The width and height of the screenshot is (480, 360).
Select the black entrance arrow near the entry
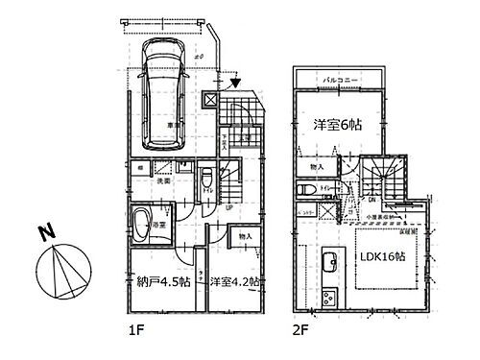[236, 84]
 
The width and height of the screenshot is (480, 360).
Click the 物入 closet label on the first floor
[245, 234]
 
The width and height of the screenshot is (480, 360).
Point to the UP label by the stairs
[228, 208]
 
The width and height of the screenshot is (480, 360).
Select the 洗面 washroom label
[164, 180]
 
